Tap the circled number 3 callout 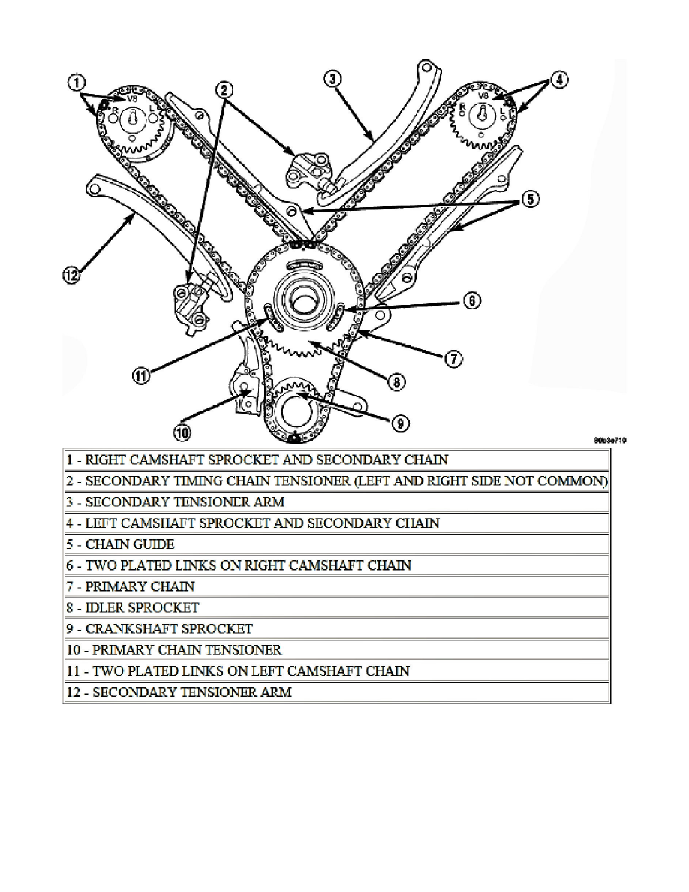tap(333, 79)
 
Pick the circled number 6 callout tap(471, 301)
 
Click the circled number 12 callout tap(71, 276)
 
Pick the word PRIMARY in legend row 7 tap(118, 586)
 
